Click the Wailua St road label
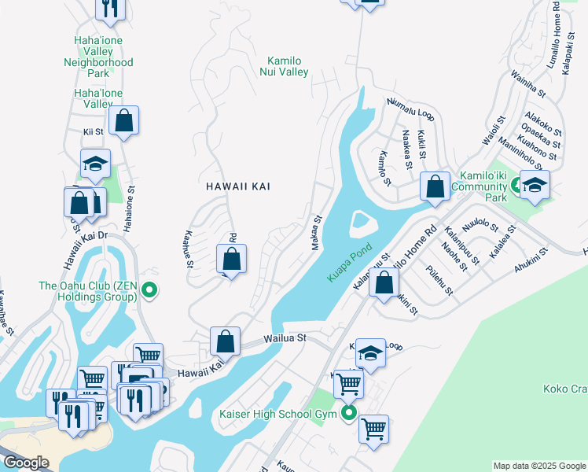pos(283,339)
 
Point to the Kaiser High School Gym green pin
pos(348,414)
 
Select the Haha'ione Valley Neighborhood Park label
pos(98,56)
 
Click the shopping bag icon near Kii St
pos(123,121)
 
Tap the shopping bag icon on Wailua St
pos(225,342)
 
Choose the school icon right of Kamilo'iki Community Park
pos(535,186)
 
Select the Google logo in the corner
pos(25,462)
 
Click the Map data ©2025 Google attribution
pos(539,466)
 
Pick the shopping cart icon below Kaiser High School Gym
pos(373,430)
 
